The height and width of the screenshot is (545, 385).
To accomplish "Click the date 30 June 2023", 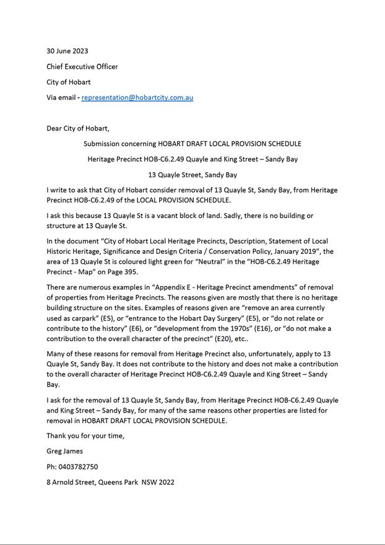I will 67,51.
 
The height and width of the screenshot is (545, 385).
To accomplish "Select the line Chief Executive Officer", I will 82,66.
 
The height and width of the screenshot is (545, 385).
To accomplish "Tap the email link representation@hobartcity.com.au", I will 137,97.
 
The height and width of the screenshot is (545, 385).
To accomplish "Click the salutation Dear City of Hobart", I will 77,128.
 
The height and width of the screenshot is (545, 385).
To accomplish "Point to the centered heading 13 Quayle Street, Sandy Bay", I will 192,175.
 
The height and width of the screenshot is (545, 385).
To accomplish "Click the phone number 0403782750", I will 78,466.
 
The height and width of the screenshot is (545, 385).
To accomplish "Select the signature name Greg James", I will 64,451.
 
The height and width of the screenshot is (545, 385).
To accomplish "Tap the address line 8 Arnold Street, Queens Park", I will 110,482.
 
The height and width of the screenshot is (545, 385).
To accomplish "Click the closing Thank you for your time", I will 85,435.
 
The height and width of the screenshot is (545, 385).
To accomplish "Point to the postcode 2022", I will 167,482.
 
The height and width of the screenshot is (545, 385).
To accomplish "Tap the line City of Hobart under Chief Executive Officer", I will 69,82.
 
